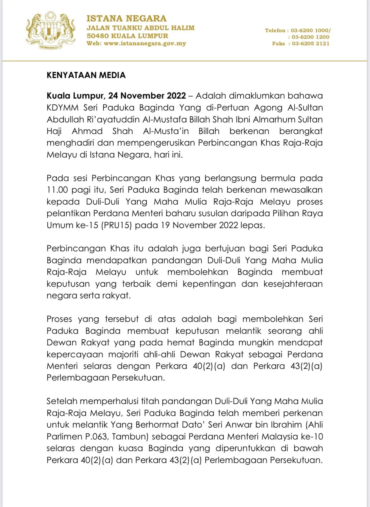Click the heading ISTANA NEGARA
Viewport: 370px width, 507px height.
126,18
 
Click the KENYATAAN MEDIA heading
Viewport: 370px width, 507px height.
86,75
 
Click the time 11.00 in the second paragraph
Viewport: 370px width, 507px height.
57,190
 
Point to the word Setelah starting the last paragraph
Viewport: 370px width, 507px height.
62,401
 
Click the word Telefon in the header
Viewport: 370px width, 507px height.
275,30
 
